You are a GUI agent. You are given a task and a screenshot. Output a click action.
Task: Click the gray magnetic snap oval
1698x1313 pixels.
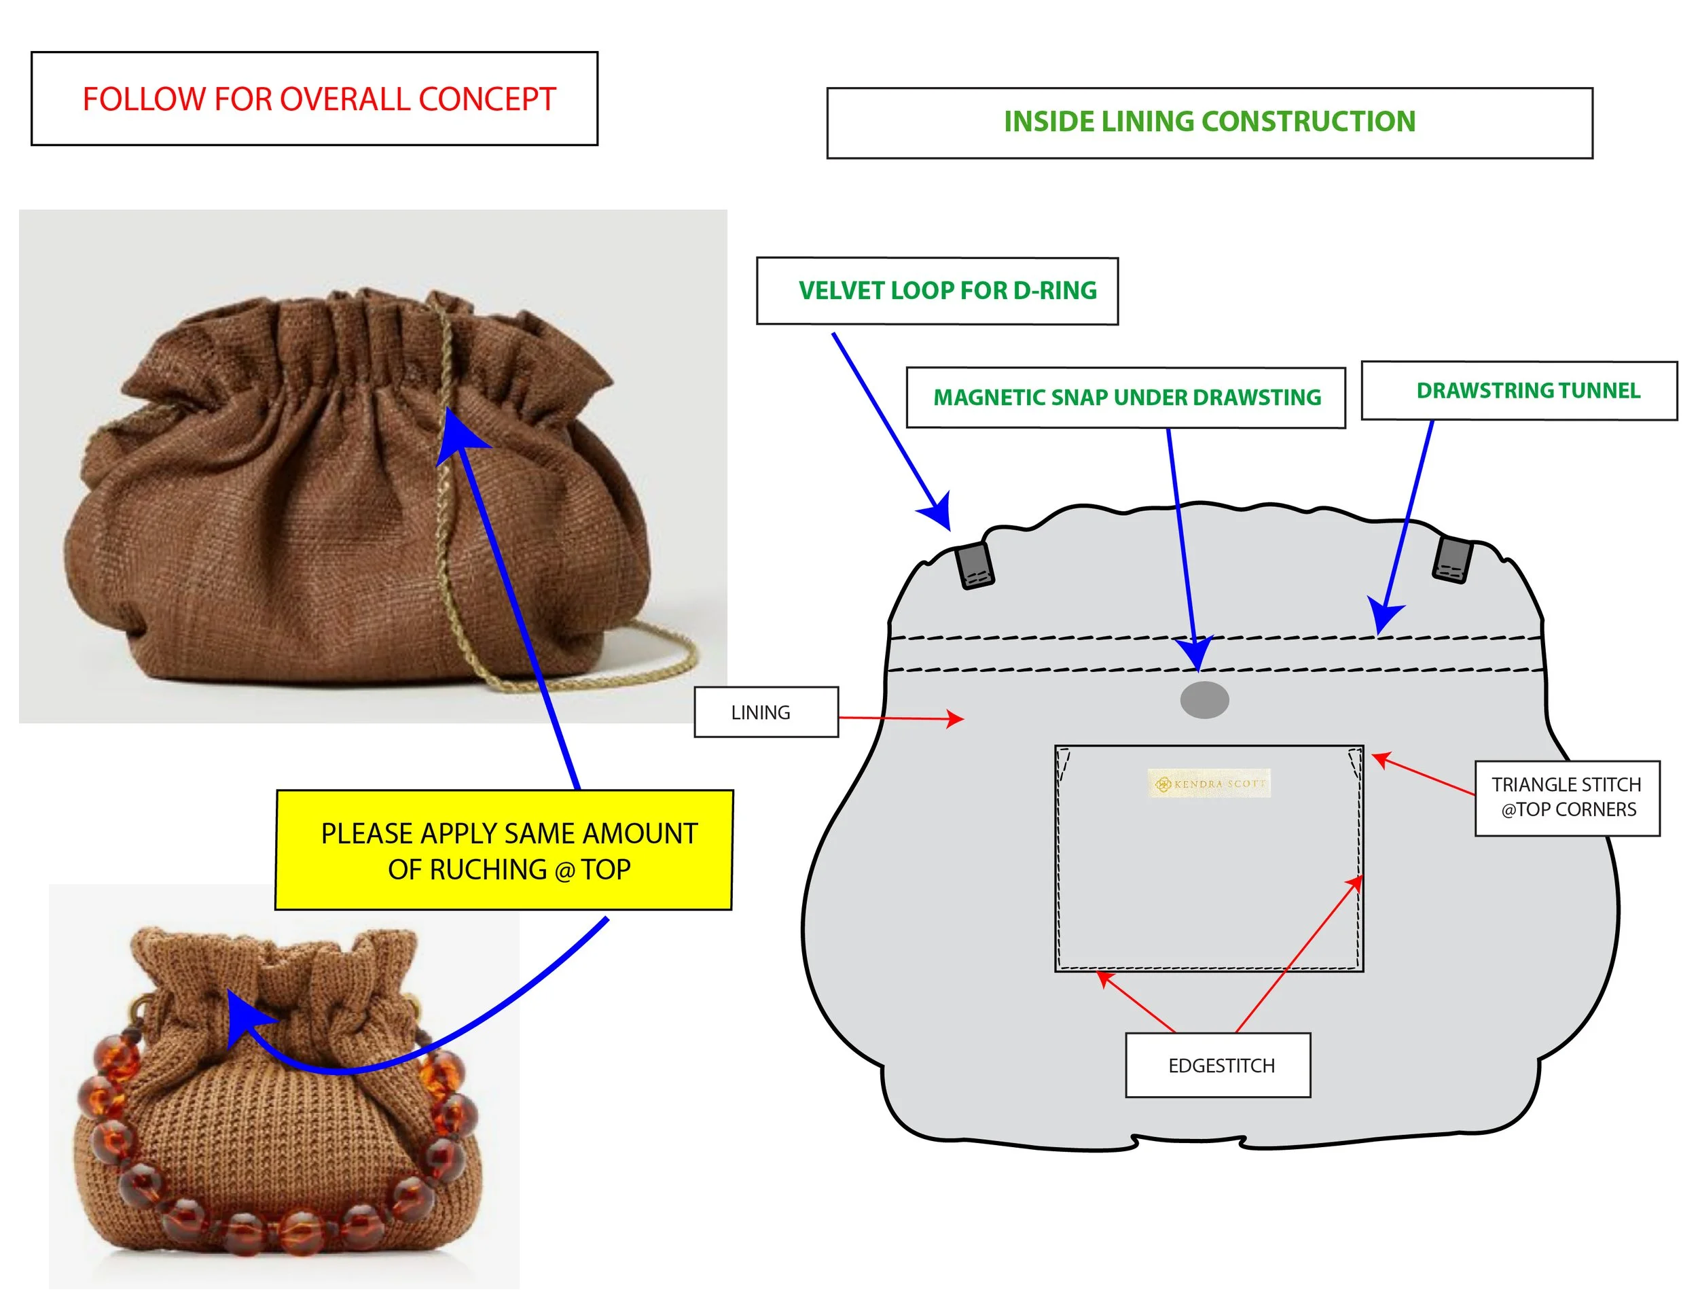[1204, 699]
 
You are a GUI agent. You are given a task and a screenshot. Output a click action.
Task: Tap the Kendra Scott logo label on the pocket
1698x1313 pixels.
[1209, 784]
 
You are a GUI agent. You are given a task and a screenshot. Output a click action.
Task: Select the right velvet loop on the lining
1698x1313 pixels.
[1451, 559]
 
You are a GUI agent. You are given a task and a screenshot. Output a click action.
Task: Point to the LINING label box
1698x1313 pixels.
[766, 712]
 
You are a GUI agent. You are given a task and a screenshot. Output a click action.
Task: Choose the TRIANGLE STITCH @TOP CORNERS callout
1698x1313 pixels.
[1567, 797]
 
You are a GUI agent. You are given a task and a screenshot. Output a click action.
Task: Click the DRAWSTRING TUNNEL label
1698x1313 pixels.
[1527, 391]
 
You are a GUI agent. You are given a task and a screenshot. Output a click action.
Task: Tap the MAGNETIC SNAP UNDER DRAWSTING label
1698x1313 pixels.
[1126, 398]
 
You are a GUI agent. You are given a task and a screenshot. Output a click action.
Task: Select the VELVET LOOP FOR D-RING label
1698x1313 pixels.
[946, 291]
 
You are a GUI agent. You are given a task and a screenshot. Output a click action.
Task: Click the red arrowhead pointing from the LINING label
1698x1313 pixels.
[956, 719]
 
